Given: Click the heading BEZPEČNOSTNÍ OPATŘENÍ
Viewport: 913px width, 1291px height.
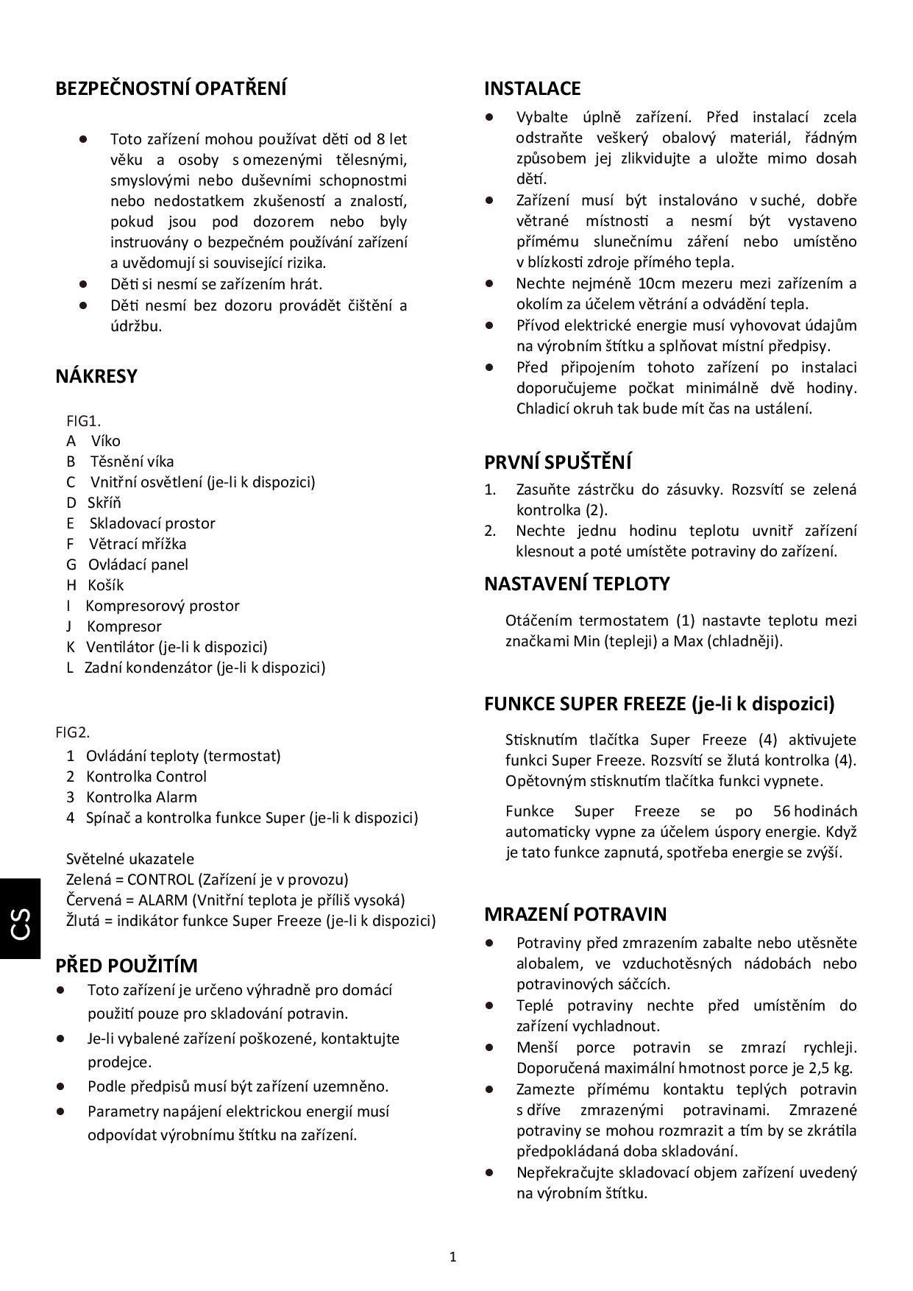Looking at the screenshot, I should [171, 89].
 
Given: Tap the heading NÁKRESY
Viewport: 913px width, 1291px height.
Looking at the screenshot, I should [96, 377].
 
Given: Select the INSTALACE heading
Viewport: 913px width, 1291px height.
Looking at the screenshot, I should [532, 89].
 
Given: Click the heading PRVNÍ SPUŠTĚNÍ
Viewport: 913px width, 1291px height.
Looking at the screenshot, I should [558, 463].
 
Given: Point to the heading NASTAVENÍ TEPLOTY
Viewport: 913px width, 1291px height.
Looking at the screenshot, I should [577, 584].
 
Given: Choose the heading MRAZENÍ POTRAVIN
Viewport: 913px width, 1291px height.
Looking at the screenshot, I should [575, 915].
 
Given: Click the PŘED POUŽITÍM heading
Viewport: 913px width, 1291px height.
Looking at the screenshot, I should [127, 966].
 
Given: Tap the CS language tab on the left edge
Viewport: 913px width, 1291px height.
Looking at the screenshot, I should [21, 924].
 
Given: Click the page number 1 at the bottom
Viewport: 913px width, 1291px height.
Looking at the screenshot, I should [452, 1257].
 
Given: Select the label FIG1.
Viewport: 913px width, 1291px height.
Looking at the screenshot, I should [83, 421].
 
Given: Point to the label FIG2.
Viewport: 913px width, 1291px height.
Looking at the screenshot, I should [72, 732].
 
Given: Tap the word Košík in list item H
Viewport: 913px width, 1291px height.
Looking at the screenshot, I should [105, 585].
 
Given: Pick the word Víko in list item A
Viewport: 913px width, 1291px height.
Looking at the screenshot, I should [105, 441].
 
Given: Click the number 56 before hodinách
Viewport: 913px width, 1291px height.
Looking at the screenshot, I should [781, 811].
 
